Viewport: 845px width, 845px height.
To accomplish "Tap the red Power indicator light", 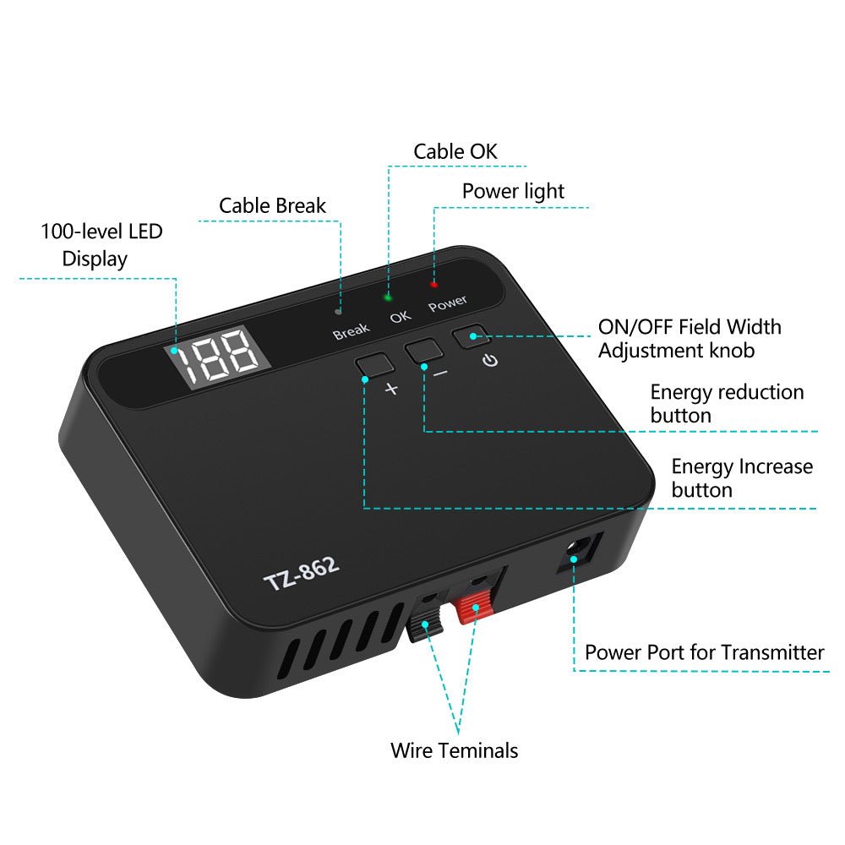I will coord(434,284).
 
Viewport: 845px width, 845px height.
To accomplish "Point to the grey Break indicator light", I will coord(339,311).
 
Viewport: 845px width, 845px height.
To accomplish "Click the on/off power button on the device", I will coord(472,336).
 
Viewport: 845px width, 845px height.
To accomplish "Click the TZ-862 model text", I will coord(302,575).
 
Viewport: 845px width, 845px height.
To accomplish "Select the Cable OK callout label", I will coord(455,152).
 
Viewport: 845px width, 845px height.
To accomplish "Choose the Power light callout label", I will coord(513,191).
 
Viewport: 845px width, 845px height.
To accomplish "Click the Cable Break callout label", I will coord(272,205).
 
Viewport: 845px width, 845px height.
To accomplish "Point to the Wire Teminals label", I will coord(454,750).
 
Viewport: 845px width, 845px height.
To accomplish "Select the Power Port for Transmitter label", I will coord(704,652).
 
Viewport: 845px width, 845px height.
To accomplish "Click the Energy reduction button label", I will coord(726,404).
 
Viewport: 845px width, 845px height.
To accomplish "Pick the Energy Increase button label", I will coord(741,478).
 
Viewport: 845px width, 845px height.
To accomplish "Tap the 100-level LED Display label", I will coord(101,244).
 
